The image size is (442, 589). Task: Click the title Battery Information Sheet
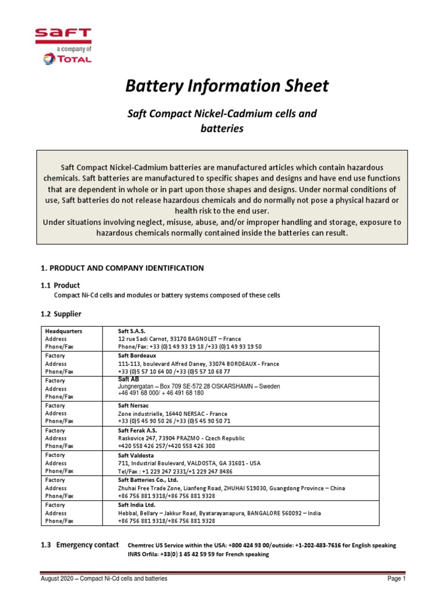227,86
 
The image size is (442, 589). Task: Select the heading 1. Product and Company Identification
122,268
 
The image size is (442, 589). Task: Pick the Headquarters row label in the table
63,331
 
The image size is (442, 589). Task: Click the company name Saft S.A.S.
132,331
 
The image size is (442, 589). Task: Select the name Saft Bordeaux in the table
137,356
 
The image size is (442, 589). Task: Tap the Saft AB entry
128,379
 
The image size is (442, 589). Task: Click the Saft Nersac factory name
134,406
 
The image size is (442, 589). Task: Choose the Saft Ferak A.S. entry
137,430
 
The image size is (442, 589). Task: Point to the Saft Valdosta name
136,455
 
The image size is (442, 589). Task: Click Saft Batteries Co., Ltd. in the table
148,480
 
